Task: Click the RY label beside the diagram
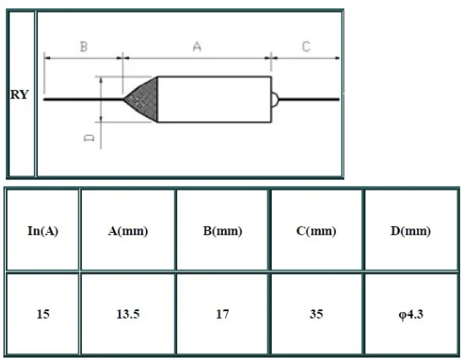[19, 94]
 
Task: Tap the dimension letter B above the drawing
[84, 46]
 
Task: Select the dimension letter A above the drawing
[197, 46]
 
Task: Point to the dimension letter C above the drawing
[306, 46]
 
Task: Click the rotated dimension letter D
[89, 137]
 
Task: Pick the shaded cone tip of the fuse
[141, 99]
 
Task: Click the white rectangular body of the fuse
[214, 99]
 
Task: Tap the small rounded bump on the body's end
[275, 99]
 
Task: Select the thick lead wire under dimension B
[84, 99]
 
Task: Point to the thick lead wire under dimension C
[309, 99]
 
